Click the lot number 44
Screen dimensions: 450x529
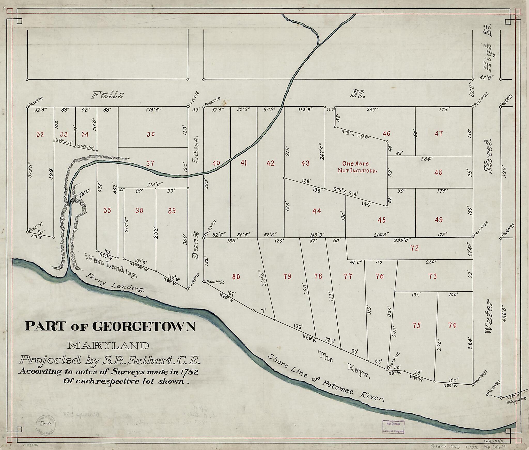(317, 211)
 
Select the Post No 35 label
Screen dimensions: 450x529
(215, 282)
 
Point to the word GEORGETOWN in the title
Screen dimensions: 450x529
(144, 327)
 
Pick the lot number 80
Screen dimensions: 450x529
(236, 277)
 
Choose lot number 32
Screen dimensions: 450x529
(40, 134)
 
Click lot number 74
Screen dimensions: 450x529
(452, 325)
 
